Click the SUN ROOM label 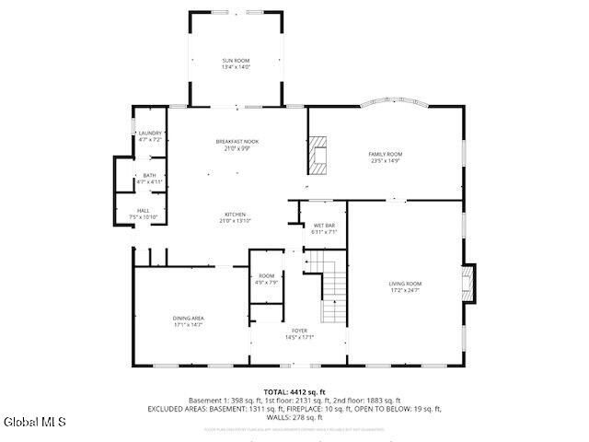(x=236, y=61)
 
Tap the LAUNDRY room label (x=150, y=134)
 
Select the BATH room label (x=149, y=177)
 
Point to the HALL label (x=144, y=211)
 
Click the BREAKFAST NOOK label (x=237, y=141)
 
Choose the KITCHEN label (x=236, y=215)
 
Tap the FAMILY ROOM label (x=386, y=154)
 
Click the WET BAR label (x=324, y=226)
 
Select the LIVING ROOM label (x=405, y=284)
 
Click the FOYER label (x=300, y=330)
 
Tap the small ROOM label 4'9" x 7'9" (x=266, y=276)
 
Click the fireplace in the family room (x=318, y=156)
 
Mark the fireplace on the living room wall (x=468, y=284)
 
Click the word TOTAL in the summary (x=276, y=392)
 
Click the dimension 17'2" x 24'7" (x=405, y=291)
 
